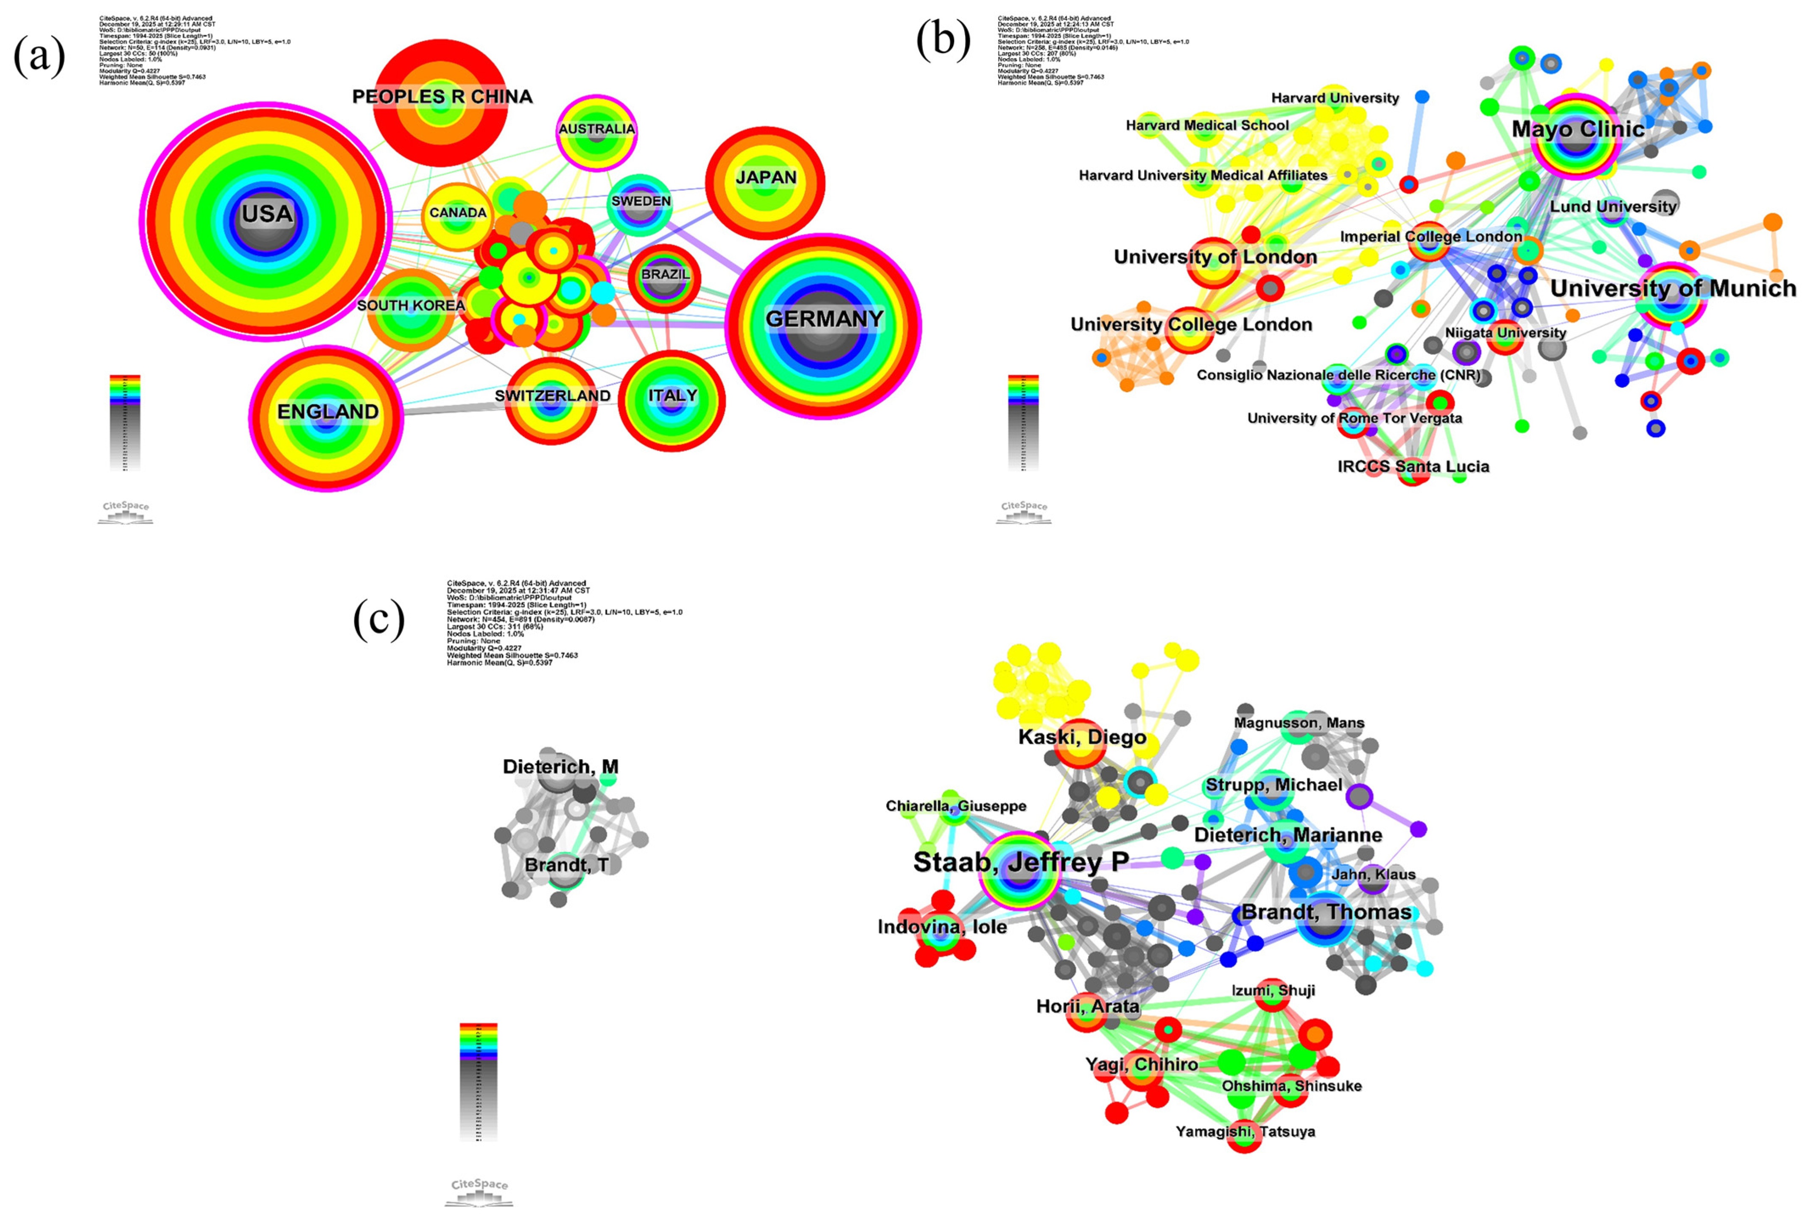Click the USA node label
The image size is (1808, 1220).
[x=267, y=214]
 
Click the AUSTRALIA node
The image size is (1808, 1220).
[x=597, y=130]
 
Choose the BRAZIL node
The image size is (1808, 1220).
[x=665, y=275]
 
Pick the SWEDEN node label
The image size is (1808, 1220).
[x=640, y=201]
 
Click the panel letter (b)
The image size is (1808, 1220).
[x=943, y=39]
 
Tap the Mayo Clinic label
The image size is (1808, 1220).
[x=1578, y=129]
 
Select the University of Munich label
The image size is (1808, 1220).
[x=1673, y=289]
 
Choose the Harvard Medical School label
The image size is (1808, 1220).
[x=1206, y=125]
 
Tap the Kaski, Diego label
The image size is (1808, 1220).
[x=1082, y=737]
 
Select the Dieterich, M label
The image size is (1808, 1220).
[x=560, y=767]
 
